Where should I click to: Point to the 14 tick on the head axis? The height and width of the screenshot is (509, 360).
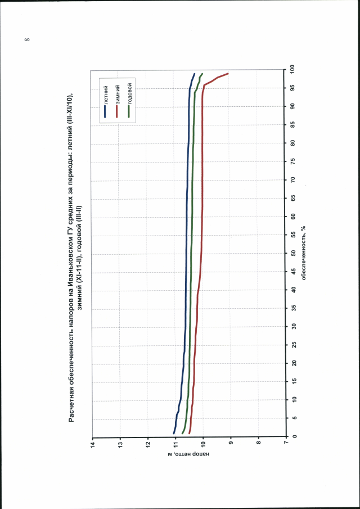point(93,444)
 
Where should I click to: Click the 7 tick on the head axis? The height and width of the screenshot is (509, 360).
point(286,444)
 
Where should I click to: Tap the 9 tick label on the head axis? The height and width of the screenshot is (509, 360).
point(231,444)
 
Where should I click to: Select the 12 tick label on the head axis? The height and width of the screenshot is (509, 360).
point(148,444)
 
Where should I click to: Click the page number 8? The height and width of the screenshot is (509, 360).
point(27,39)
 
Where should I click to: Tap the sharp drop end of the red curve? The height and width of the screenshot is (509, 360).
point(228,74)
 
